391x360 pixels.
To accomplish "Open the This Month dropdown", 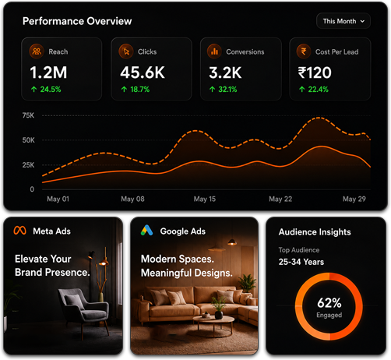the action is pyautogui.click(x=343, y=21).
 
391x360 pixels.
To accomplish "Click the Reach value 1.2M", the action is pyautogui.click(x=48, y=72).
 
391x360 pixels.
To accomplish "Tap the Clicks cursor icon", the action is pyautogui.click(x=126, y=51).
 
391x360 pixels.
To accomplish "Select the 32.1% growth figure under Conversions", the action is pyautogui.click(x=227, y=90).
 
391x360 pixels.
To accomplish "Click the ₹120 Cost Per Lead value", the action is pyautogui.click(x=315, y=72).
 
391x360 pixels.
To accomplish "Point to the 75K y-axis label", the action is pyautogui.click(x=28, y=115).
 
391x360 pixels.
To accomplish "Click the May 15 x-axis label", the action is pyautogui.click(x=205, y=199).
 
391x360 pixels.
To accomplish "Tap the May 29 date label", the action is pyautogui.click(x=354, y=199).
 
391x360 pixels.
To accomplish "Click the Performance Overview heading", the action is pyautogui.click(x=77, y=21).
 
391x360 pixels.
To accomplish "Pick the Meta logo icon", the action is pyautogui.click(x=20, y=231).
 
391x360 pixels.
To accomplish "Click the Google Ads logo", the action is pyautogui.click(x=146, y=230).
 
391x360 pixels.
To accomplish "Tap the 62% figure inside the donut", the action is pyautogui.click(x=329, y=303).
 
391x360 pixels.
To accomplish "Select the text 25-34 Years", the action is pyautogui.click(x=301, y=262).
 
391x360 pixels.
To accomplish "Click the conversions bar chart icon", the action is pyautogui.click(x=214, y=51).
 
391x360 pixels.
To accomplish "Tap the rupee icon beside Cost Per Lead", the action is pyautogui.click(x=304, y=51).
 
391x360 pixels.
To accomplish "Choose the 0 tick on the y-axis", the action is pyautogui.click(x=32, y=189).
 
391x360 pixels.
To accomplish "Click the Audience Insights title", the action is pyautogui.click(x=315, y=232).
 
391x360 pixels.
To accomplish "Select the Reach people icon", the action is pyautogui.click(x=37, y=51).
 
